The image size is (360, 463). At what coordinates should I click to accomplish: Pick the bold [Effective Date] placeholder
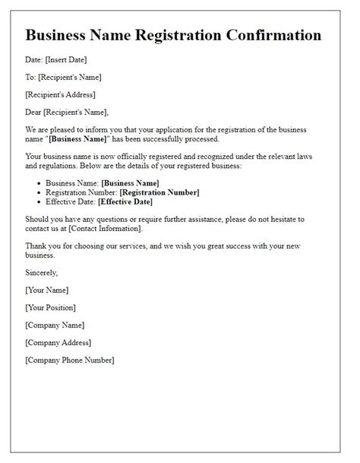coord(125,202)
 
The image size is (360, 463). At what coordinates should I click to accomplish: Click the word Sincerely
coord(41,271)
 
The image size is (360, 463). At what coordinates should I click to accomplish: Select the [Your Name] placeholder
coord(46,289)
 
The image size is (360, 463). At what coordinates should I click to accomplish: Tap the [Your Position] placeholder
coord(50,306)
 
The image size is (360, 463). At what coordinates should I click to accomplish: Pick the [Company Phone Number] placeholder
coord(70,359)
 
